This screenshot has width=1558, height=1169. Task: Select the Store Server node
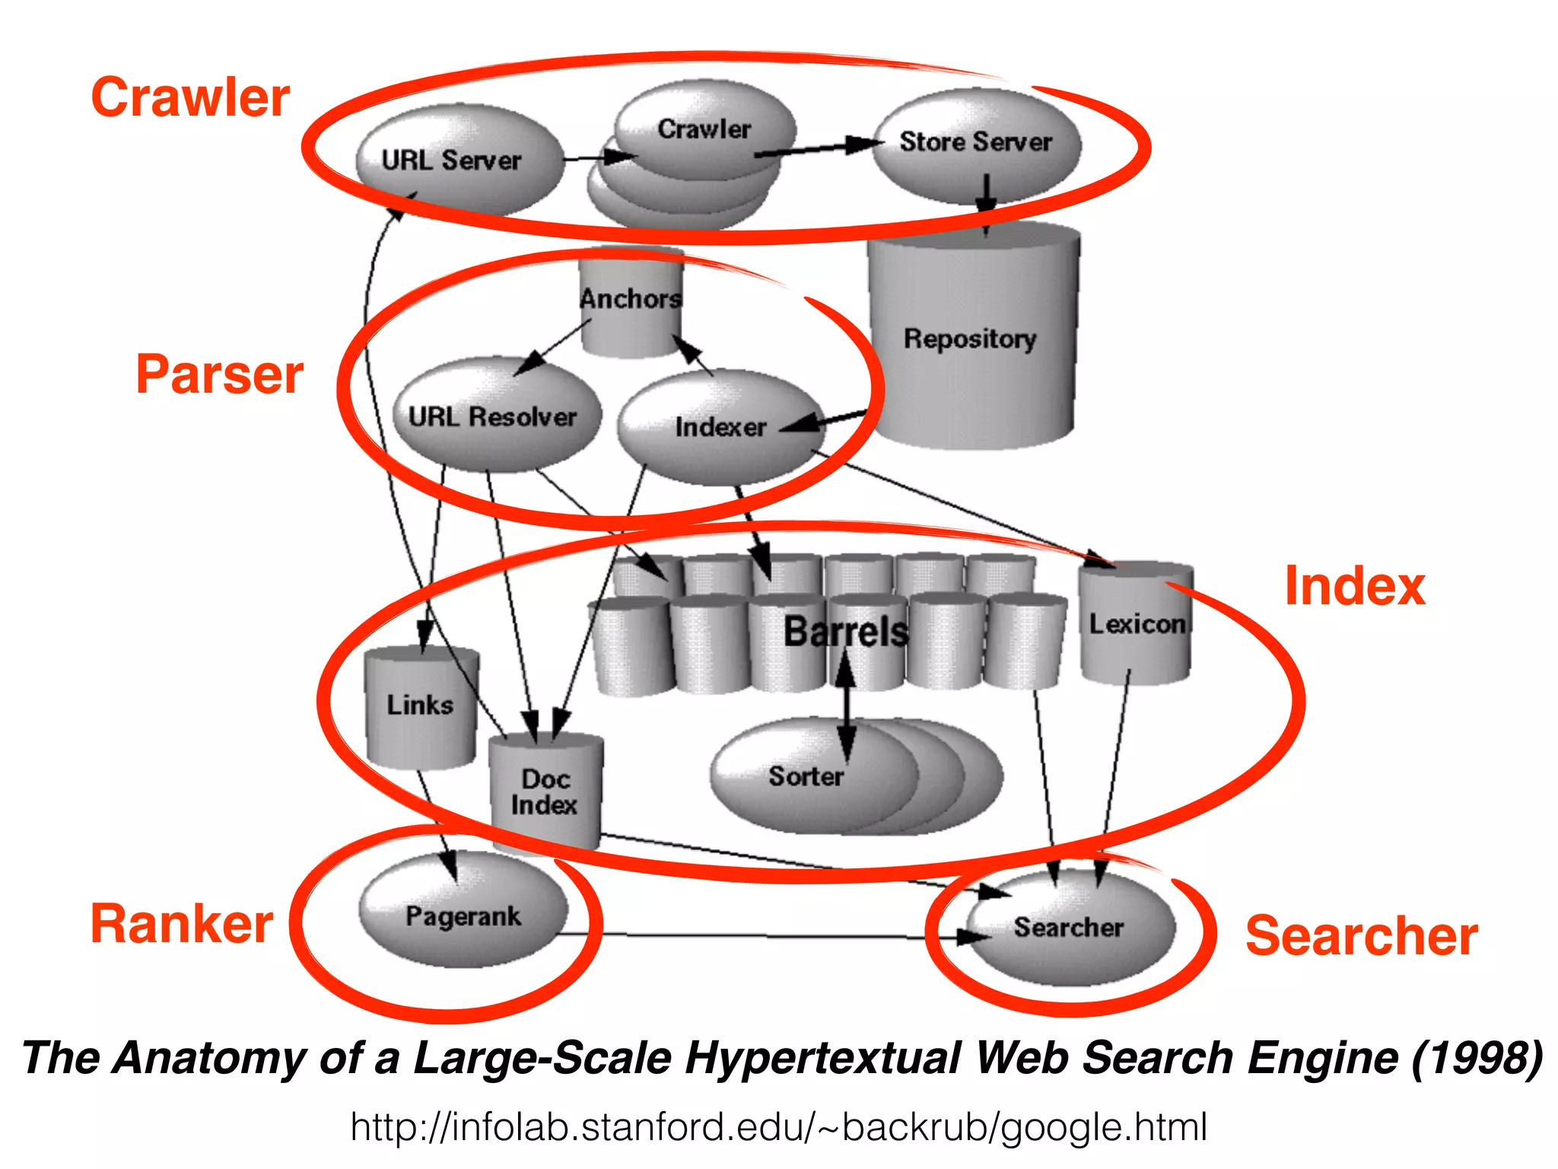[x=976, y=145]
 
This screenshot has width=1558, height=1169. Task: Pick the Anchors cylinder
[x=631, y=301]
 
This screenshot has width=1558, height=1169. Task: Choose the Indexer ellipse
[x=719, y=428]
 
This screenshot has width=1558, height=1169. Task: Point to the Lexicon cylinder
[x=1136, y=623]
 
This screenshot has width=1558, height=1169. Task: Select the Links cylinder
[x=421, y=706]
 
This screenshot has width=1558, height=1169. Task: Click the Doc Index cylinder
[x=545, y=792]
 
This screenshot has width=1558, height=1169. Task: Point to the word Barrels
[x=846, y=631]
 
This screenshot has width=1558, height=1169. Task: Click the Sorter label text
[x=806, y=776]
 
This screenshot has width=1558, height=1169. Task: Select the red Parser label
[x=220, y=374]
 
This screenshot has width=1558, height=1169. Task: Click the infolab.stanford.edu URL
[x=778, y=1127]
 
